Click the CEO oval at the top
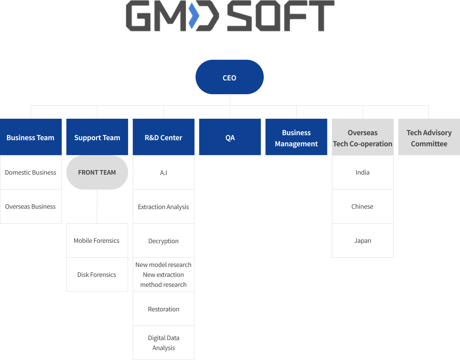[230, 77]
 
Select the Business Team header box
[31, 137]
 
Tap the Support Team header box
[97, 137]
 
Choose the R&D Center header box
[163, 137]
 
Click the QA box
[230, 137]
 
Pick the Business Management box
[296, 137]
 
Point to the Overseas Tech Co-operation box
[363, 137]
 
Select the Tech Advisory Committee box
[429, 137]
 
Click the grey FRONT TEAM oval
[97, 172]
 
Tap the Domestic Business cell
[31, 172]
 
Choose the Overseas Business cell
[31, 206]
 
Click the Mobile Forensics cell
[97, 241]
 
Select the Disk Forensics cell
[97, 275]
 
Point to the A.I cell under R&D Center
[163, 172]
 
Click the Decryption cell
[163, 241]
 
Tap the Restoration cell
[163, 309]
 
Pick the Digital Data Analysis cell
[163, 343]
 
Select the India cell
[363, 172]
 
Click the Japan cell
[363, 241]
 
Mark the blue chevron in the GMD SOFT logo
[194, 16]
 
